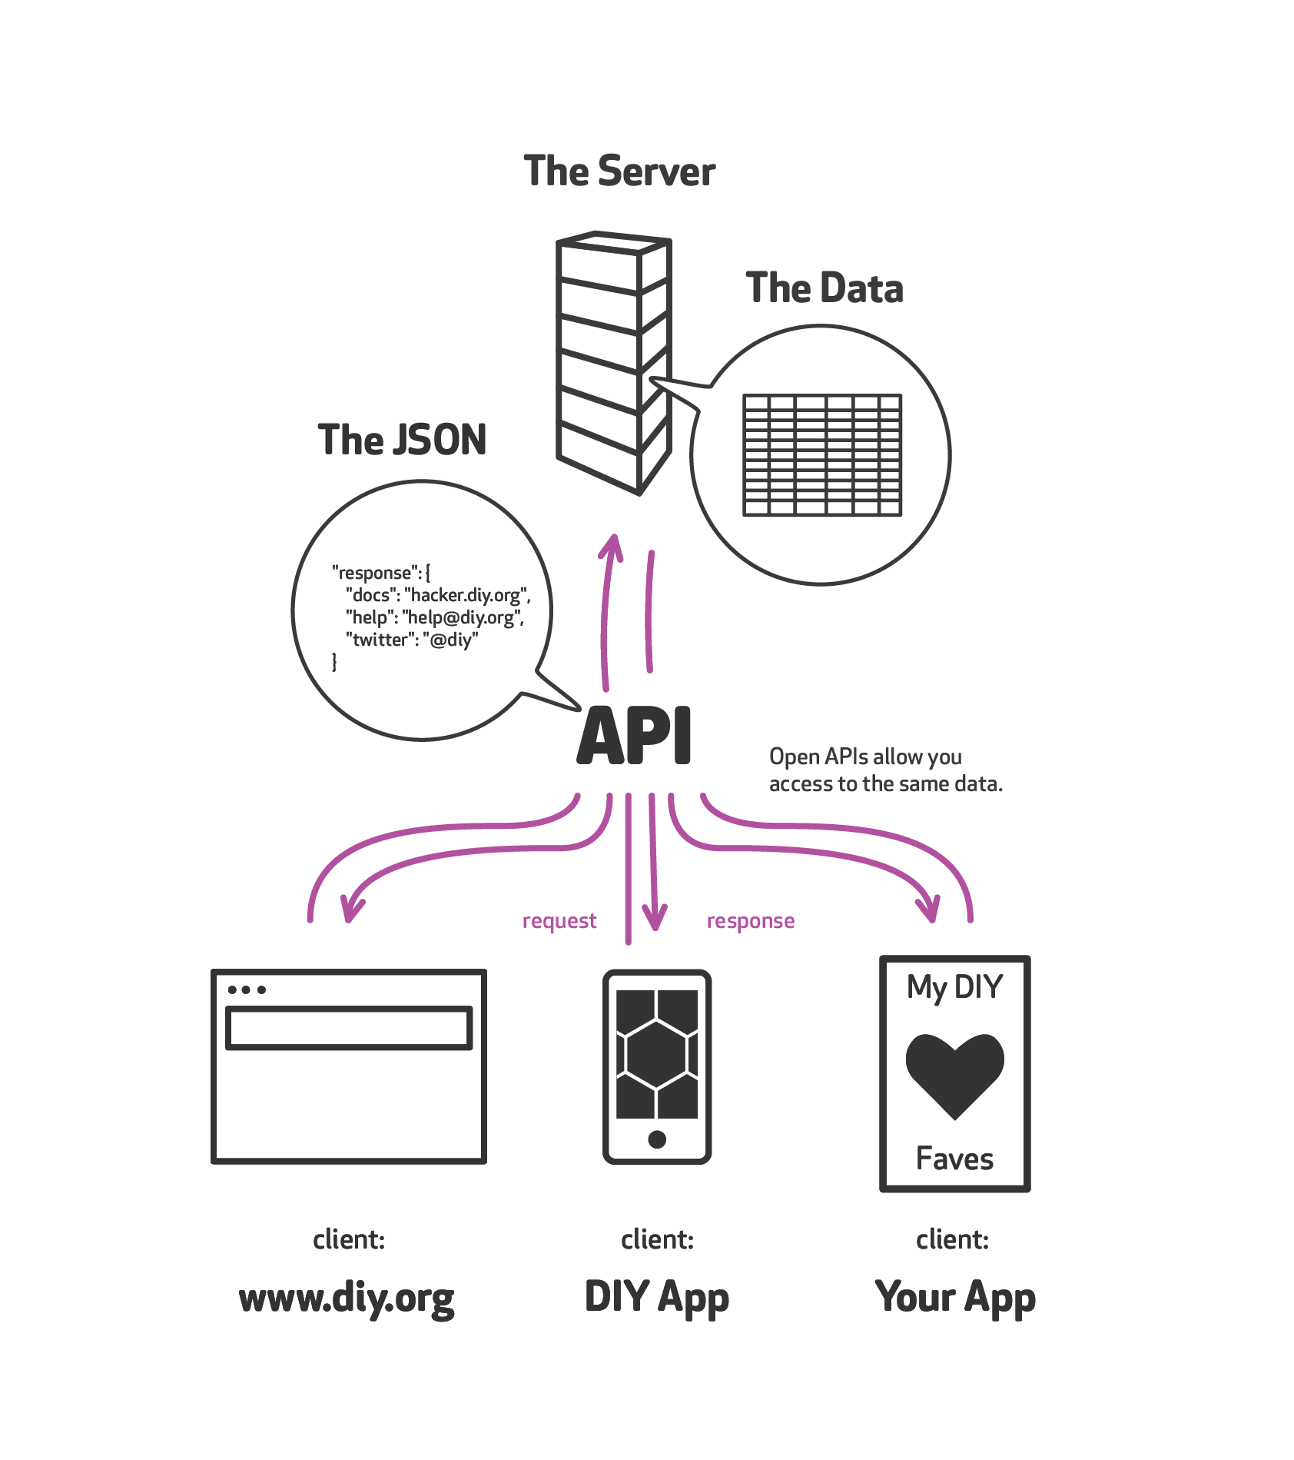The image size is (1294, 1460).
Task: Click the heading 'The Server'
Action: pyautogui.click(x=619, y=171)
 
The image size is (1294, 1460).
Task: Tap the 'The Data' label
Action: pyautogui.click(x=824, y=288)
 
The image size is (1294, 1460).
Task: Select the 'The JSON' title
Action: pyautogui.click(x=402, y=440)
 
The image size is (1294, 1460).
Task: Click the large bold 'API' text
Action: pyautogui.click(x=635, y=736)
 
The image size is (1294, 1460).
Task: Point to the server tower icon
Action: pyautogui.click(x=613, y=361)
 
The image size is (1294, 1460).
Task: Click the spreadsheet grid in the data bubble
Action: pyautogui.click(x=822, y=455)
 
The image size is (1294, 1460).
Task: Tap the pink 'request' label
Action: pyautogui.click(x=559, y=921)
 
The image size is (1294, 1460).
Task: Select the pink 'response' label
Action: pyautogui.click(x=751, y=921)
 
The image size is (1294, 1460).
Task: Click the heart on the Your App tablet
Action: pyautogui.click(x=954, y=1073)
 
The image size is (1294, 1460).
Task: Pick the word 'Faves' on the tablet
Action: pyautogui.click(x=954, y=1159)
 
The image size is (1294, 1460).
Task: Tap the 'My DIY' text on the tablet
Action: pyautogui.click(x=954, y=987)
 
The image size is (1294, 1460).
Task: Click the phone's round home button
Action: pyautogui.click(x=657, y=1139)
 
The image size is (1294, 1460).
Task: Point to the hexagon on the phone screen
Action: pyautogui.click(x=657, y=1053)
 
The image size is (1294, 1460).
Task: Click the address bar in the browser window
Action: pyautogui.click(x=349, y=1028)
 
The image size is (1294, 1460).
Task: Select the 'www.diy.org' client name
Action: pyautogui.click(x=347, y=1299)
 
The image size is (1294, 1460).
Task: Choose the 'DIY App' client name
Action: pyautogui.click(x=657, y=1297)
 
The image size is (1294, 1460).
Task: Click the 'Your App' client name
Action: pyautogui.click(x=955, y=1297)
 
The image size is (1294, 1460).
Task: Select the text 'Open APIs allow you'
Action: pyautogui.click(x=865, y=757)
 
